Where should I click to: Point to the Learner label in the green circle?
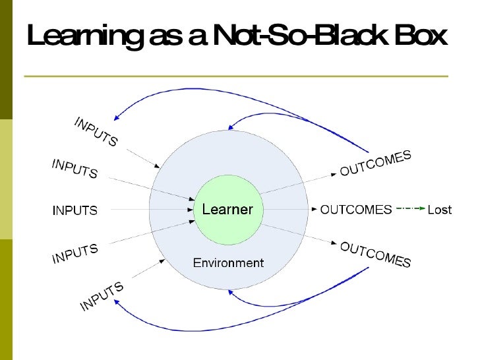[x=227, y=210]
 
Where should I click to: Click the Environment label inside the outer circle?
[x=228, y=263]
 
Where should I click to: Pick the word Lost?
[x=440, y=210]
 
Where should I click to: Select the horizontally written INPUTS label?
[x=75, y=211]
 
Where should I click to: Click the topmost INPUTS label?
[x=95, y=132]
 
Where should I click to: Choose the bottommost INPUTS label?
[x=102, y=297]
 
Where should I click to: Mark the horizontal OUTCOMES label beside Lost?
[x=355, y=210]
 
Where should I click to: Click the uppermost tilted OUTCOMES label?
[x=375, y=164]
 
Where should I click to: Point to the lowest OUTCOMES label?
[x=375, y=255]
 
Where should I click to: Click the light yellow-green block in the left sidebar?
[x=6, y=179]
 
